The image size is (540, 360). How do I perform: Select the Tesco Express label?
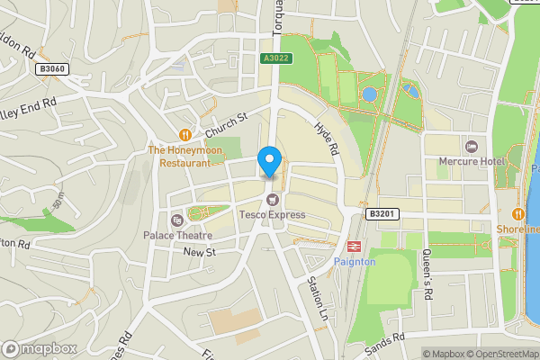[272, 215]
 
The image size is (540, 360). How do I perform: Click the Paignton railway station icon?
[354, 245]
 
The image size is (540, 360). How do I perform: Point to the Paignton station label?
[353, 261]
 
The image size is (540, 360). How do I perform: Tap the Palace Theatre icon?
[176, 220]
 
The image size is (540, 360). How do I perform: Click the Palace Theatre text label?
[175, 236]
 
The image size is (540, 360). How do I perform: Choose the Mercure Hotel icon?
[470, 146]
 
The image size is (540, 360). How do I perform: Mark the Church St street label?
[225, 126]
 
